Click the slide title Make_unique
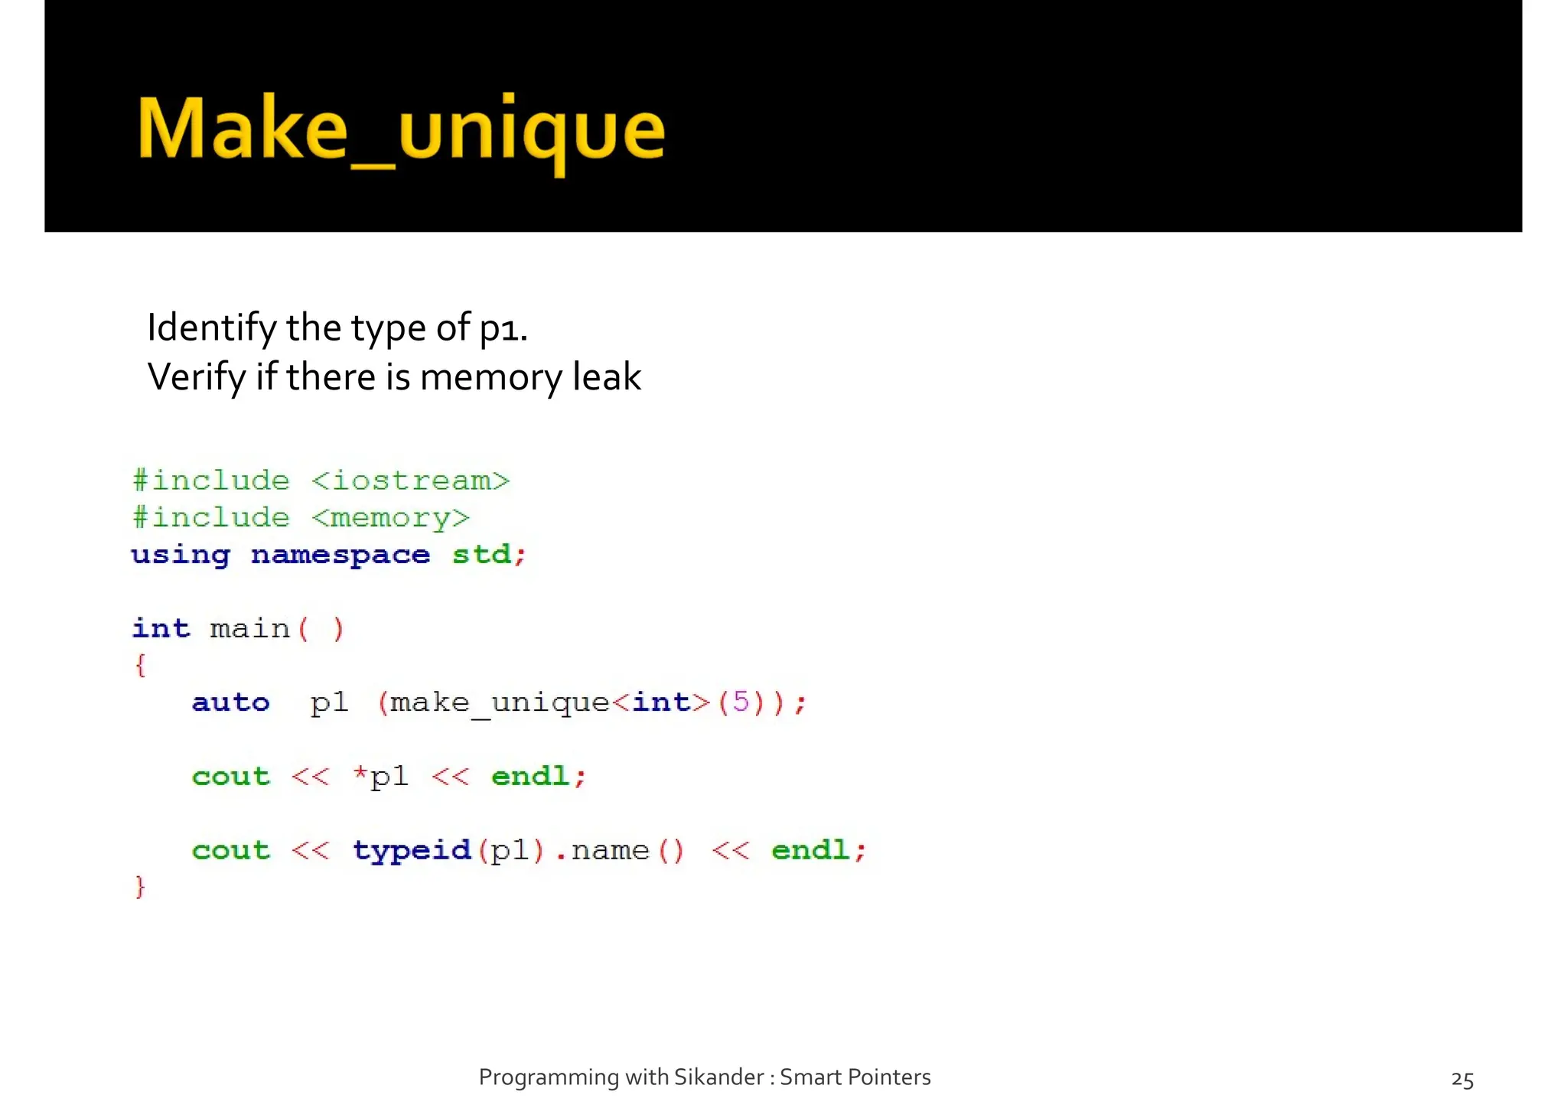(400, 129)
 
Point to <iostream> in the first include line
(410, 481)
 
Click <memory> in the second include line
(390, 518)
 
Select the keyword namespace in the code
(340, 555)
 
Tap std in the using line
(481, 554)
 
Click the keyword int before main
(161, 628)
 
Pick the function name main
(249, 629)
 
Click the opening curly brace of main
(140, 665)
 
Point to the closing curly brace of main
(140, 887)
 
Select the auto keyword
(230, 702)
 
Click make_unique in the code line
(499, 702)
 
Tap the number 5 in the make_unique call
(740, 702)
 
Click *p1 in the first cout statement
(381, 777)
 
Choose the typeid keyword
(412, 850)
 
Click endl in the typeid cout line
(810, 850)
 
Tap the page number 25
(1462, 1079)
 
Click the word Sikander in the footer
(718, 1077)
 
